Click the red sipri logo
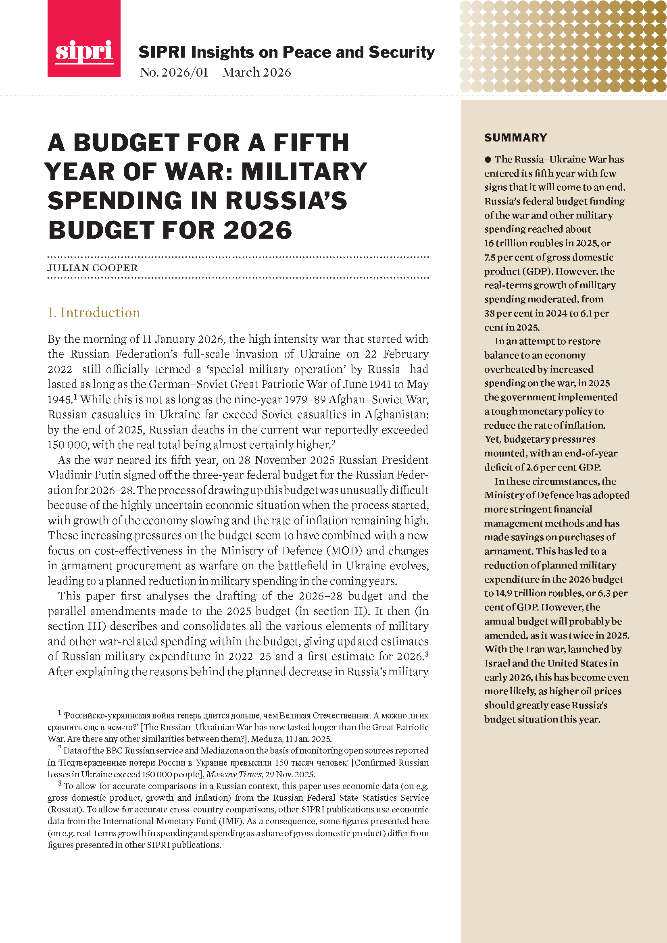84,39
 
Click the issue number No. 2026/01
174,72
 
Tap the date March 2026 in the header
257,72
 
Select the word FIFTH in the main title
311,143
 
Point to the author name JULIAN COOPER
93,268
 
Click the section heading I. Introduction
94,312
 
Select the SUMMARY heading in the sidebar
515,137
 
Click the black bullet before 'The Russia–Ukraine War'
488,159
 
